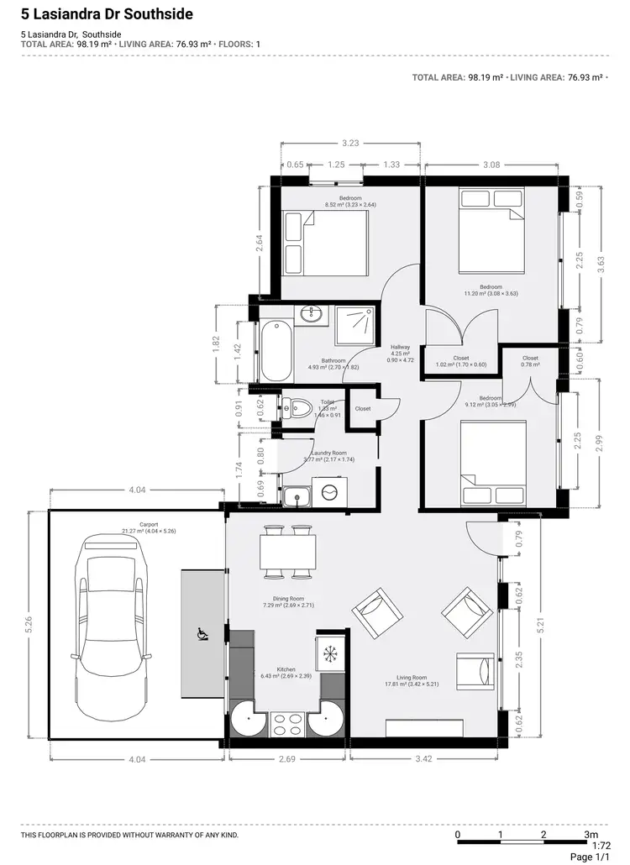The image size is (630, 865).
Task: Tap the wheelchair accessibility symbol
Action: coord(202,635)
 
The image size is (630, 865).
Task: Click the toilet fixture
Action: coord(297,407)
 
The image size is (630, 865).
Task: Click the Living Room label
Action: coord(412,677)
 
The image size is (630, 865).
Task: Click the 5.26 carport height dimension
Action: coord(29,622)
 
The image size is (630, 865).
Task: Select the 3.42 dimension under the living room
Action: coord(424,759)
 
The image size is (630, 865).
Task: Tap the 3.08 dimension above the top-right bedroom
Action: coord(491,165)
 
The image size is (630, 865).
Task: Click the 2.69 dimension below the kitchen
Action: coord(286,759)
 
